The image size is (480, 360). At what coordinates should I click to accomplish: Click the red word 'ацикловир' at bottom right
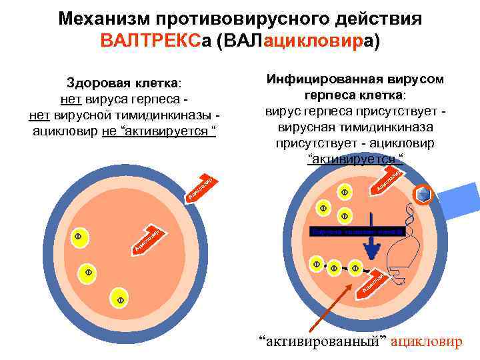point(426,342)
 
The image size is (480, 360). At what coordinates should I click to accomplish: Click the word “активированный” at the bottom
point(322,342)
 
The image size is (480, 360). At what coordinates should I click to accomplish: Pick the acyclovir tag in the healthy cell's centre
point(147,241)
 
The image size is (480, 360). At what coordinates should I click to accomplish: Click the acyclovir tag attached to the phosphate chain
point(372,284)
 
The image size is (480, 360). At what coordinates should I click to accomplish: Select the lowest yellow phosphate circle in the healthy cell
point(120,301)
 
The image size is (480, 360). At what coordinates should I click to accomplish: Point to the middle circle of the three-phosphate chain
point(334,268)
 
